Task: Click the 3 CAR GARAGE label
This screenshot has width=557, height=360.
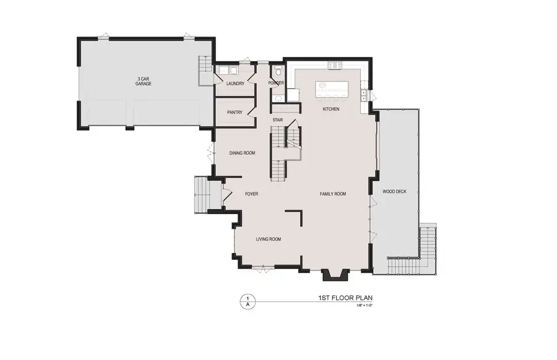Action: click(144, 81)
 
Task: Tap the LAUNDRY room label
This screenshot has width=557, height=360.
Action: click(235, 84)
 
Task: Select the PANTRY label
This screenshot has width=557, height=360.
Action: click(235, 112)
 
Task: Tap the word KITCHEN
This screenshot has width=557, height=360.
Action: click(331, 109)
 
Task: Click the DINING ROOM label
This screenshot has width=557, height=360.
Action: click(243, 153)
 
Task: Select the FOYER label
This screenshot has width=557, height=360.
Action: click(251, 194)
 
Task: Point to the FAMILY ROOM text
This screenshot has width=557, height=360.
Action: click(332, 194)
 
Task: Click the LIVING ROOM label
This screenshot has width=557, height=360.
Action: click(269, 239)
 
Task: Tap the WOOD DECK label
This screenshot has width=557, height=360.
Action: click(394, 191)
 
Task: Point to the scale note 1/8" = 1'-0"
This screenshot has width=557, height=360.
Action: click(363, 306)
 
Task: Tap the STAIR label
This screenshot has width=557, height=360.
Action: click(278, 120)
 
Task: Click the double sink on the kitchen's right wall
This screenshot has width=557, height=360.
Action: click(364, 95)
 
